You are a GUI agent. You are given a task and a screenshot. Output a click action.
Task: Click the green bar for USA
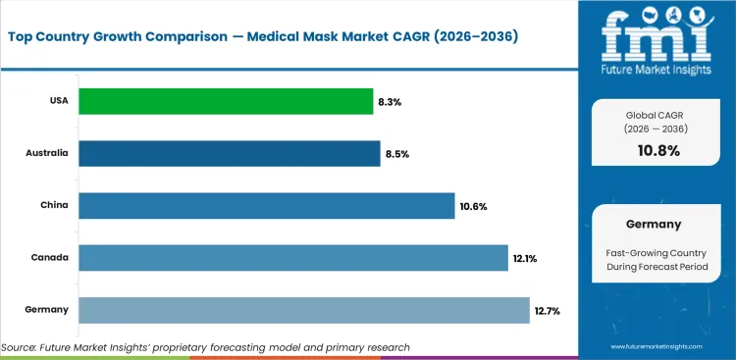[x=226, y=101]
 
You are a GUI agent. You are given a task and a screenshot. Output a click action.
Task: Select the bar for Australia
[x=229, y=153]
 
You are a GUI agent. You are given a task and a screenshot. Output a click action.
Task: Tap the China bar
[x=266, y=205]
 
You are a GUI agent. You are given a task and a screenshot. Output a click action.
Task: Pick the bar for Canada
[x=292, y=258]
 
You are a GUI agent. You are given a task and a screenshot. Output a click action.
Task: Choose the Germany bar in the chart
[x=303, y=310]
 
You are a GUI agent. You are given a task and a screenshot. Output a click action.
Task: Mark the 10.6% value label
[x=473, y=206]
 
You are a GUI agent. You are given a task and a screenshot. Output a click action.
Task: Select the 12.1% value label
[x=525, y=258]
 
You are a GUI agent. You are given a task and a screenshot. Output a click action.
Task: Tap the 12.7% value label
[x=547, y=310]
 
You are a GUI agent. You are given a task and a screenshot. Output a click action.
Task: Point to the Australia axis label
[x=47, y=154]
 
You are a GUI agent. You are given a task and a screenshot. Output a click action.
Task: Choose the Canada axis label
[x=49, y=258]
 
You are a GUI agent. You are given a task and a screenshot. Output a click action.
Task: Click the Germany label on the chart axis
[x=46, y=310]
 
